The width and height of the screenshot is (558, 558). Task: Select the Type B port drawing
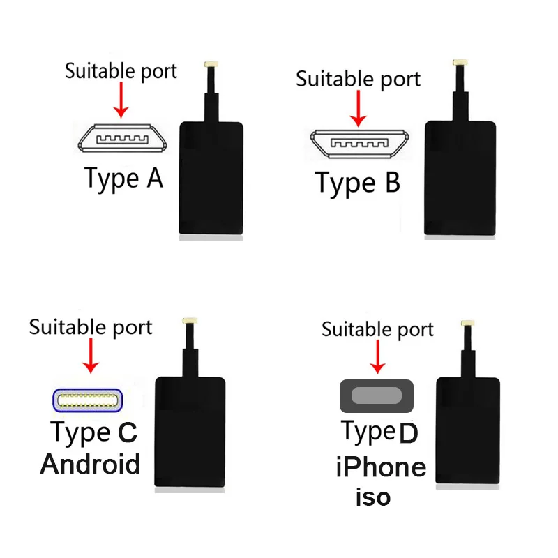359,144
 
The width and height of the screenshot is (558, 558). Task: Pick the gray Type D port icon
377,396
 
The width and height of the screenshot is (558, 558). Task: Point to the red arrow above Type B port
359,108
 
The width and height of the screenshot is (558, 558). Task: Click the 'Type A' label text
123,179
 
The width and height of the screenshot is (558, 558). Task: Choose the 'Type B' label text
358,183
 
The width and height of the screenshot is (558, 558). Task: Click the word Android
91,464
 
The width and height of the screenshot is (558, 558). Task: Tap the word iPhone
381,467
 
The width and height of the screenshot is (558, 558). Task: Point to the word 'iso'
373,497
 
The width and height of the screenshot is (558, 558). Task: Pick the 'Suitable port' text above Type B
359,79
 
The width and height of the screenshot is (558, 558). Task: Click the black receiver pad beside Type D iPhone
469,432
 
